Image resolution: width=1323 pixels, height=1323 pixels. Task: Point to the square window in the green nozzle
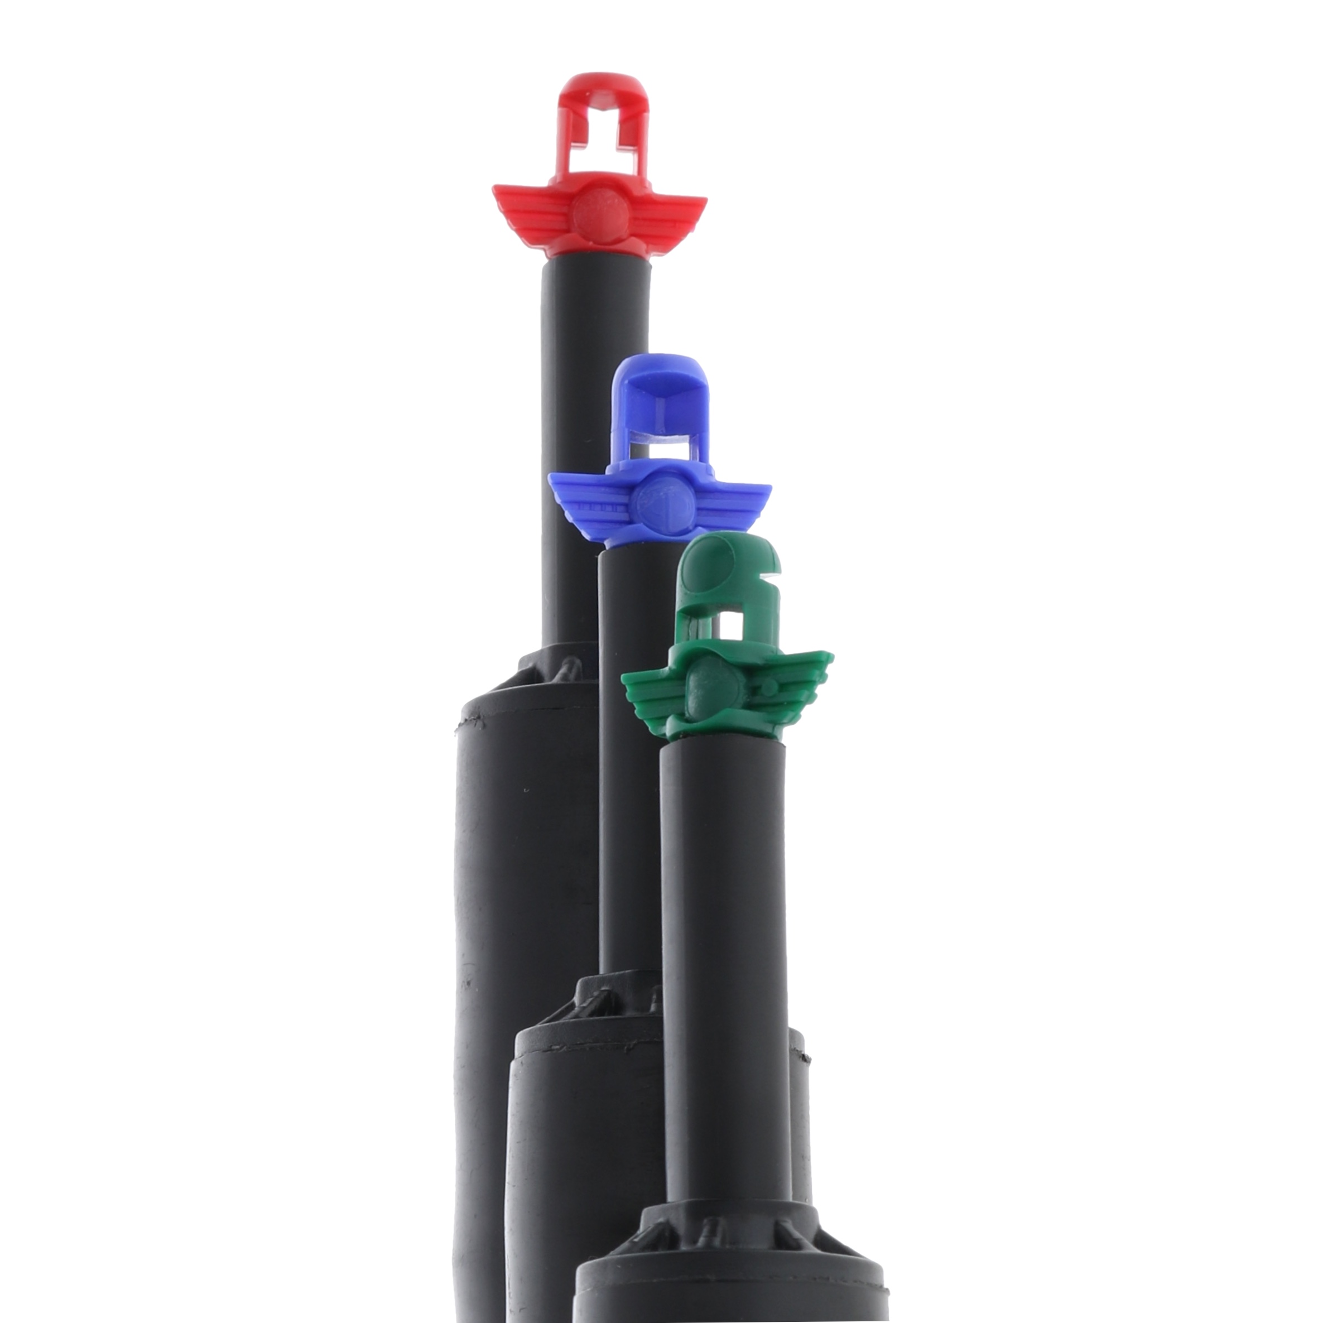click(x=735, y=624)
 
